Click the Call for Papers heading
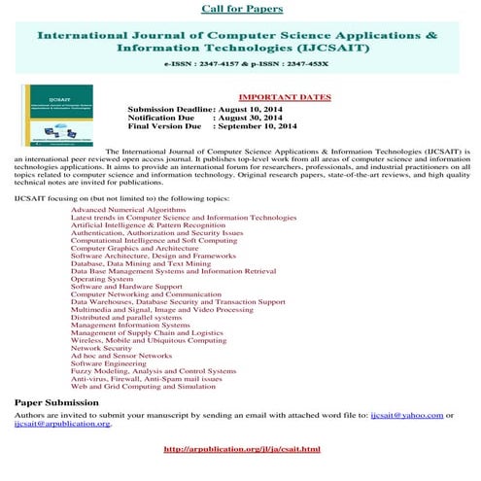tap(242, 9)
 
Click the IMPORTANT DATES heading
tap(284, 97)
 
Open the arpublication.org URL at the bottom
tap(242, 449)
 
